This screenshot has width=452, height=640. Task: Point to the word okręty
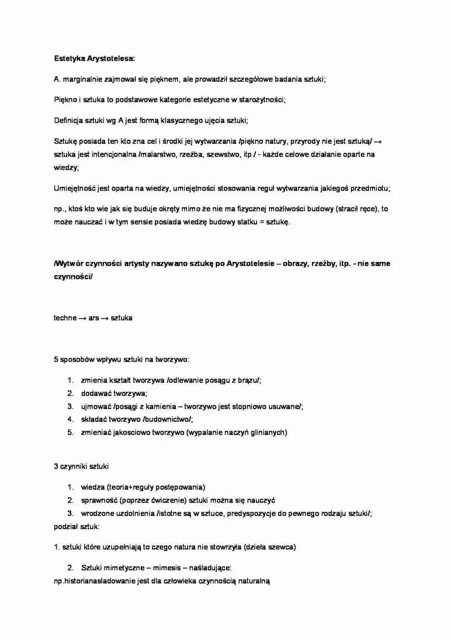[x=173, y=209]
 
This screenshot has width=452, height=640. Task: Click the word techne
[x=65, y=318]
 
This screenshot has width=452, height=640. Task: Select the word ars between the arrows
[x=94, y=318]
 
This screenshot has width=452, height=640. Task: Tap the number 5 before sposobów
[x=56, y=359]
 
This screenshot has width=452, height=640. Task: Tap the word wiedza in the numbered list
[x=92, y=487]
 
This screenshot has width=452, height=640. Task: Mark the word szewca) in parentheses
[x=281, y=547]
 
